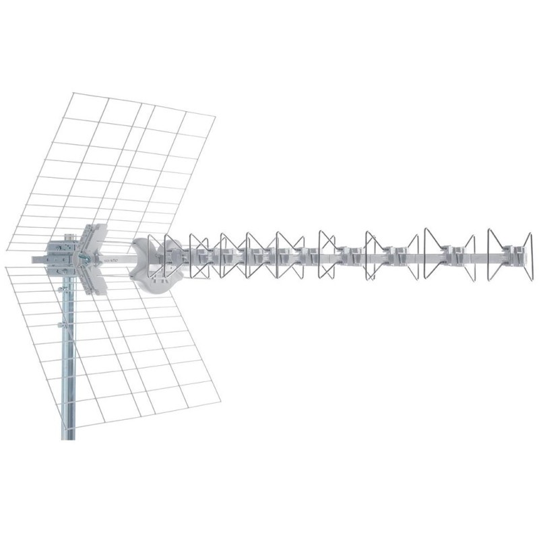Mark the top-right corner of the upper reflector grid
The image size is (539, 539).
coord(214,117)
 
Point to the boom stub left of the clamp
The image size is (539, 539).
coord(37,258)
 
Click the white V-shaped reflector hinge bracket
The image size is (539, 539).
coord(92,257)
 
